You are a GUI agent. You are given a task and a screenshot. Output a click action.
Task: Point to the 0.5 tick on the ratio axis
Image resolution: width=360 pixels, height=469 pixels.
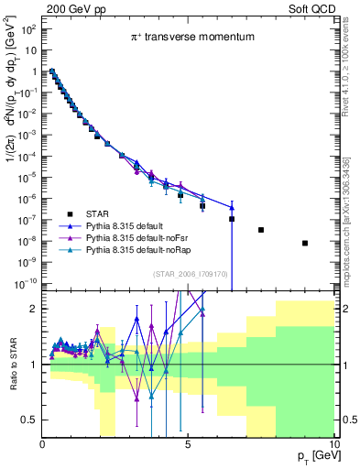click(x=29, y=420)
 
